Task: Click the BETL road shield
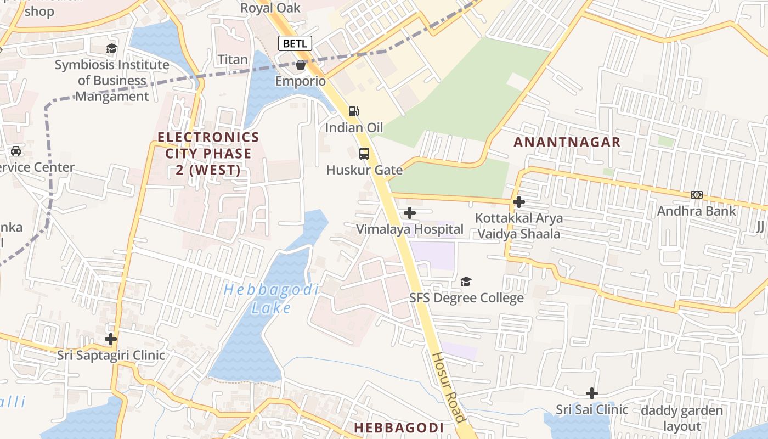click(295, 43)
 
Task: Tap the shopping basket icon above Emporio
click(301, 65)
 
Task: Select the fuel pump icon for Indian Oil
click(354, 111)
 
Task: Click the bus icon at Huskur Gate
click(364, 154)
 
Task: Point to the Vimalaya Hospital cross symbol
click(410, 213)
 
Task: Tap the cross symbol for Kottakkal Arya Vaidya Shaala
click(518, 202)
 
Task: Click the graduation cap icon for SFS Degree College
click(466, 282)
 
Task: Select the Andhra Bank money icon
click(697, 195)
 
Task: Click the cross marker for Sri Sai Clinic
click(591, 393)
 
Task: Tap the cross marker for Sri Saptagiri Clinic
click(111, 339)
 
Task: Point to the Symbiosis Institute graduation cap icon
click(111, 49)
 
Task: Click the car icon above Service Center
click(16, 151)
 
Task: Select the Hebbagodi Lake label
click(271, 299)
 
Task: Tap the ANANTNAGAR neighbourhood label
click(567, 142)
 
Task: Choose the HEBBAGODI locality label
click(398, 427)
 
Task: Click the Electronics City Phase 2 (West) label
click(208, 154)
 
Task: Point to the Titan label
click(233, 59)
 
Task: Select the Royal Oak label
click(271, 8)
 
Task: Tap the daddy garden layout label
click(682, 418)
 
